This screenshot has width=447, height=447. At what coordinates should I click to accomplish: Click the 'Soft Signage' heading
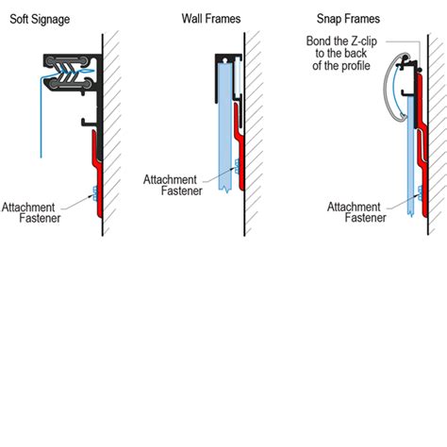44,20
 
